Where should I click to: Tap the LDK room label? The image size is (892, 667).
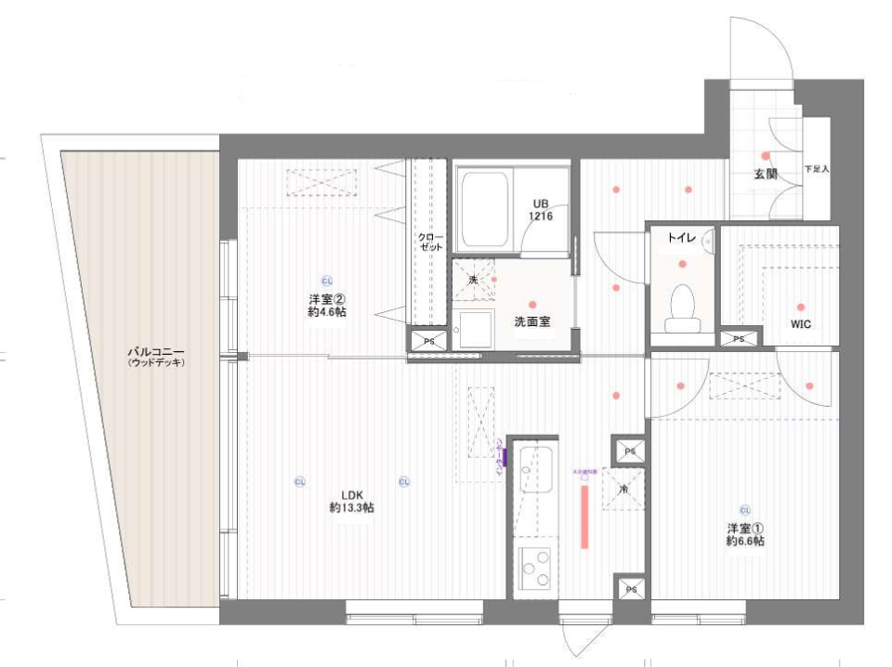coord(351,501)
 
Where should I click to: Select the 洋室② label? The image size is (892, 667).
coord(328,306)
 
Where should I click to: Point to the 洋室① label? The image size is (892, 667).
coord(745,534)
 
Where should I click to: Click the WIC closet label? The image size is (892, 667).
coord(801,325)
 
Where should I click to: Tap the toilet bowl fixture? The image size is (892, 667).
coord(682,305)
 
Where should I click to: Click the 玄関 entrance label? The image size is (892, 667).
coord(766,174)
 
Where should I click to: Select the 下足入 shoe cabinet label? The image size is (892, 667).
coord(816,170)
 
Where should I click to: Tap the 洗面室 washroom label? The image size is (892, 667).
coord(532,321)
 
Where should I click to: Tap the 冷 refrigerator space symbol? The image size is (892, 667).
coord(623,488)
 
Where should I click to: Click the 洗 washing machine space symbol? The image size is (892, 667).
coord(473,279)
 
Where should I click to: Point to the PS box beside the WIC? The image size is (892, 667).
coord(739,339)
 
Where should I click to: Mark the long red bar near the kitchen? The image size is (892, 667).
coord(585,516)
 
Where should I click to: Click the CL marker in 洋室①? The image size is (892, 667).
coord(745,509)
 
